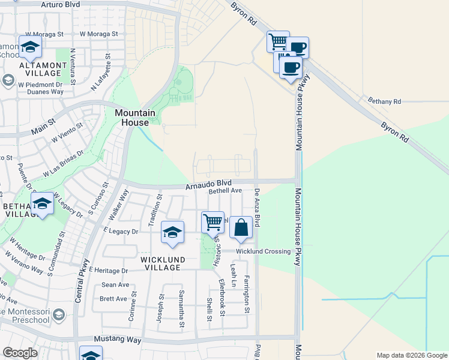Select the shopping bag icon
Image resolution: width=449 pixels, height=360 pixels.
click(x=241, y=227)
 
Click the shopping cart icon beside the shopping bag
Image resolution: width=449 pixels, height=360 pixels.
click(x=213, y=222)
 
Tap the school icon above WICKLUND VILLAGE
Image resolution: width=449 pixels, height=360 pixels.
click(x=172, y=233)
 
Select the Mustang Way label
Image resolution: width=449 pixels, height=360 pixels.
click(x=121, y=340)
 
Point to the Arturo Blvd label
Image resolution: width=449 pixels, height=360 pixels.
click(x=61, y=4)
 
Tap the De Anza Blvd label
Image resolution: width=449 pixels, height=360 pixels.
click(x=257, y=208)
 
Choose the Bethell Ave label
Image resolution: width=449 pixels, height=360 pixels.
click(x=225, y=191)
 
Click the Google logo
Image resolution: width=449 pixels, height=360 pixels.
click(x=20, y=353)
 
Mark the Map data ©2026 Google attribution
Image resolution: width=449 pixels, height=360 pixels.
click(x=411, y=355)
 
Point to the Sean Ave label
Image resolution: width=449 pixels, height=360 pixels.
click(x=115, y=285)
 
